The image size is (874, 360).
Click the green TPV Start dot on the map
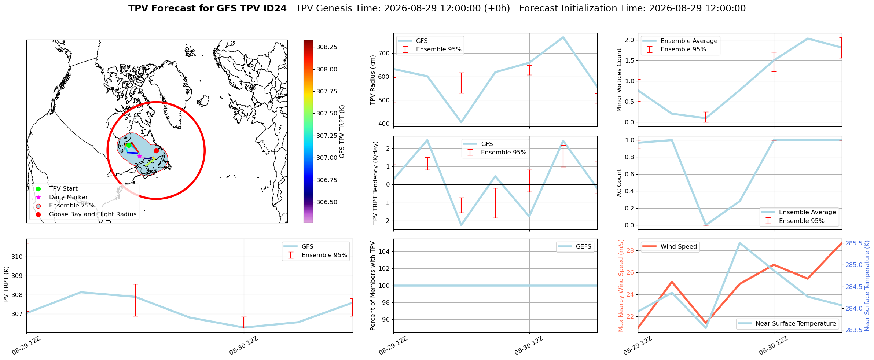pyautogui.click(x=129, y=145)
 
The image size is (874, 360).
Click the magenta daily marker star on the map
pyautogui.click(x=139, y=156)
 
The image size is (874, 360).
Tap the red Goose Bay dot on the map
pyautogui.click(x=156, y=151)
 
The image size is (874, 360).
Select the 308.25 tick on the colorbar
pyautogui.click(x=327, y=47)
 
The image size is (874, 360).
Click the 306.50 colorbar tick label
pyautogui.click(x=327, y=202)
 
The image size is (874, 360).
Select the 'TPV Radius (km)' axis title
pyautogui.click(x=373, y=80)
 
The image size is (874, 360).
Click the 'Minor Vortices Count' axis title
pyautogui.click(x=619, y=80)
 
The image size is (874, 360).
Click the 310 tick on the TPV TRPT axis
pyautogui.click(x=17, y=257)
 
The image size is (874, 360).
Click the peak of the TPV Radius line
pyautogui.click(x=563, y=37)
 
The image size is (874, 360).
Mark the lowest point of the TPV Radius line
pyautogui.click(x=461, y=122)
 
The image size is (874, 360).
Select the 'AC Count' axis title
pyautogui.click(x=619, y=183)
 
